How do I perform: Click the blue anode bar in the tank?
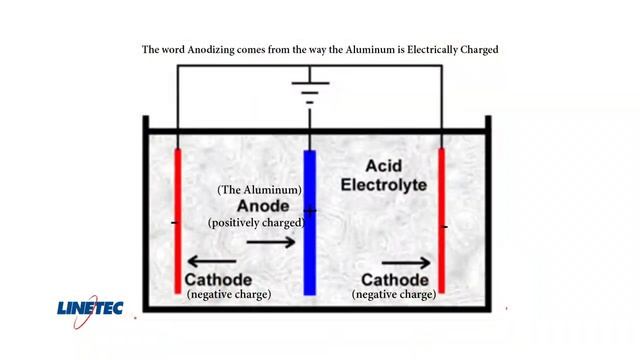tap(310, 222)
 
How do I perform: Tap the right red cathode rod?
tap(441, 220)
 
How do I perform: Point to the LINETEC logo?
tap(89, 308)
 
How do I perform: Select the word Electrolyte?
tap(383, 185)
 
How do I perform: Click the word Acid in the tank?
tap(383, 165)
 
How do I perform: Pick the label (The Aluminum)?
tap(260, 189)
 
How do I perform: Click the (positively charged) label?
tap(256, 223)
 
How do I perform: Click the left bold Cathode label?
tap(218, 280)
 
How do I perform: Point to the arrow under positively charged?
tap(271, 242)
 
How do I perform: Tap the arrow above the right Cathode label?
tap(406, 263)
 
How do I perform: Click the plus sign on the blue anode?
tap(312, 210)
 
